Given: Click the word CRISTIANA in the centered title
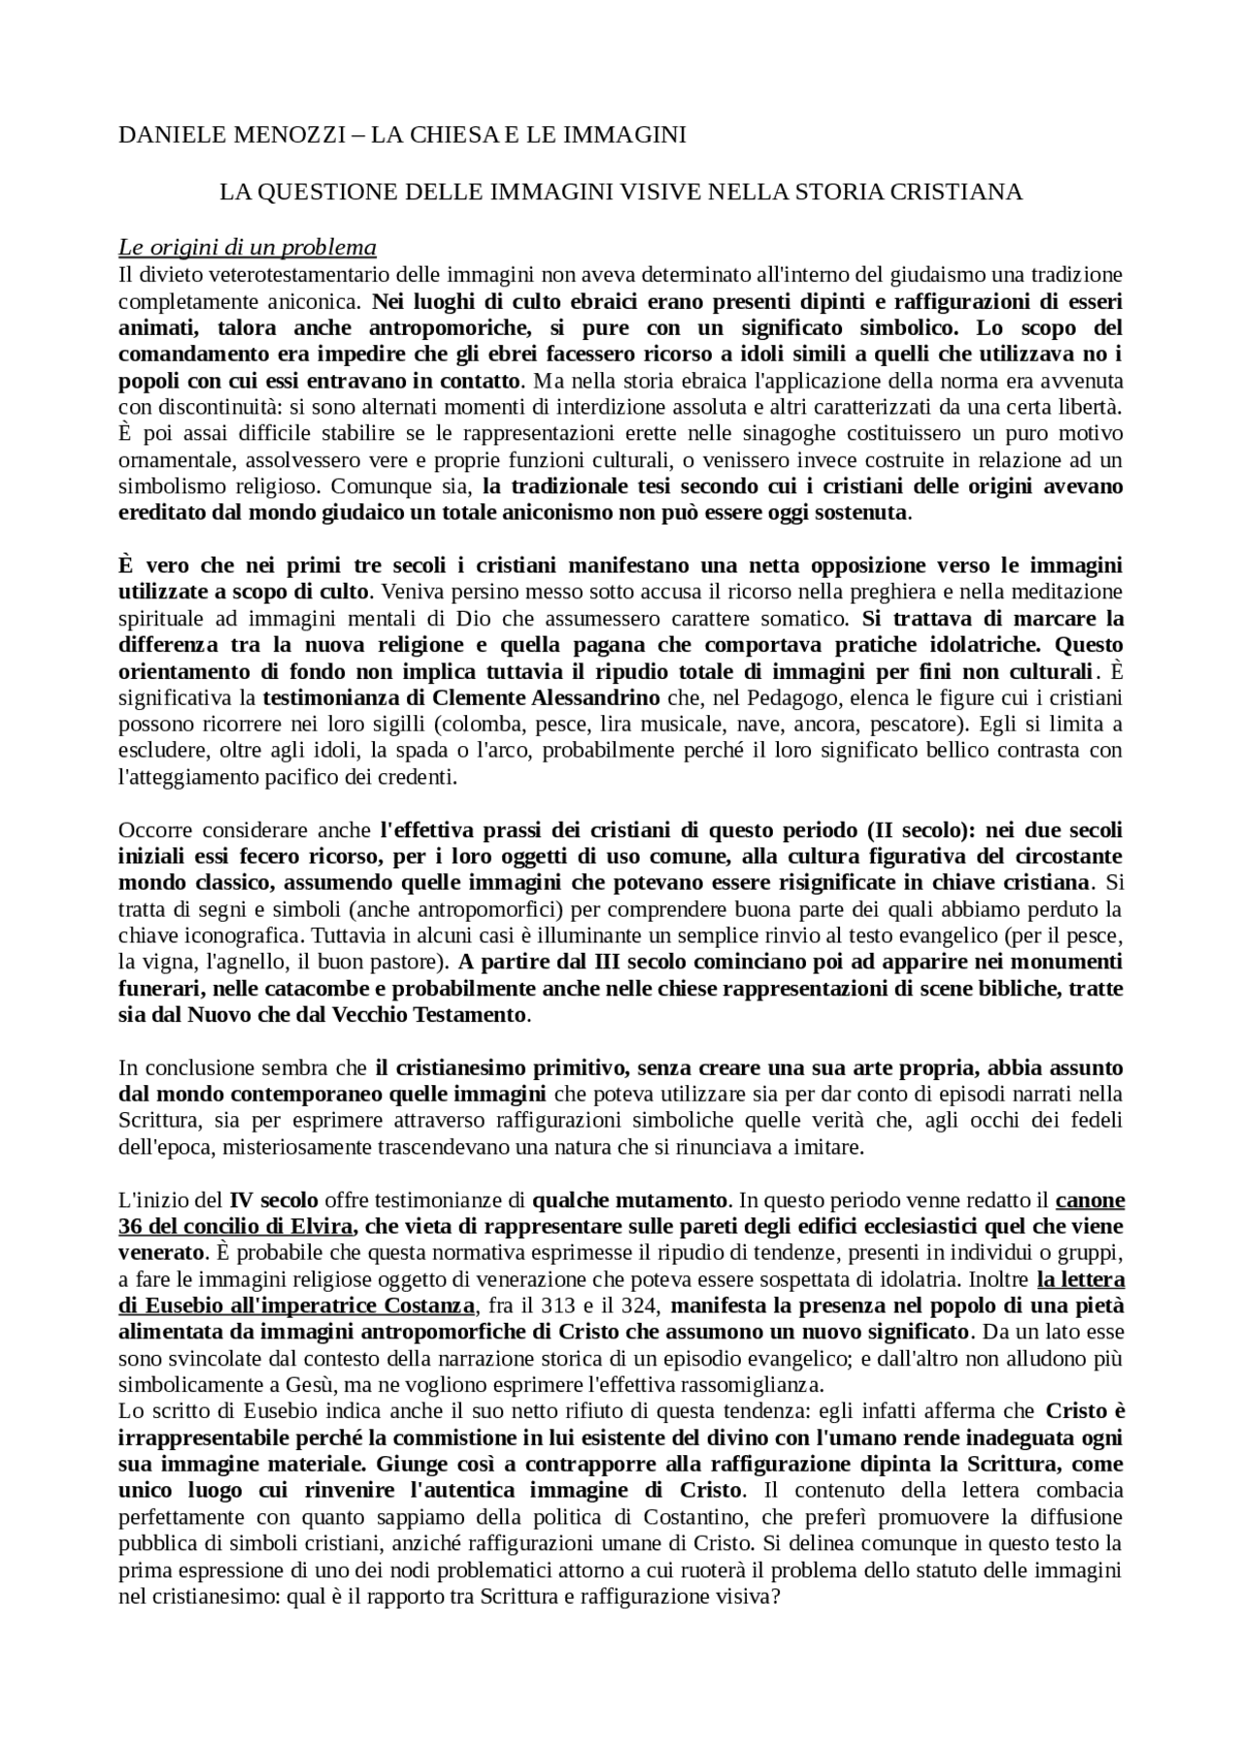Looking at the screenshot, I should (x=961, y=192).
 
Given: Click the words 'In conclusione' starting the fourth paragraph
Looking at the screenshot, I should (x=178, y=1068).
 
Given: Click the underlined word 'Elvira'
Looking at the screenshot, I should (x=321, y=1226).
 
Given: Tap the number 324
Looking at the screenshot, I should (x=644, y=1304).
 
